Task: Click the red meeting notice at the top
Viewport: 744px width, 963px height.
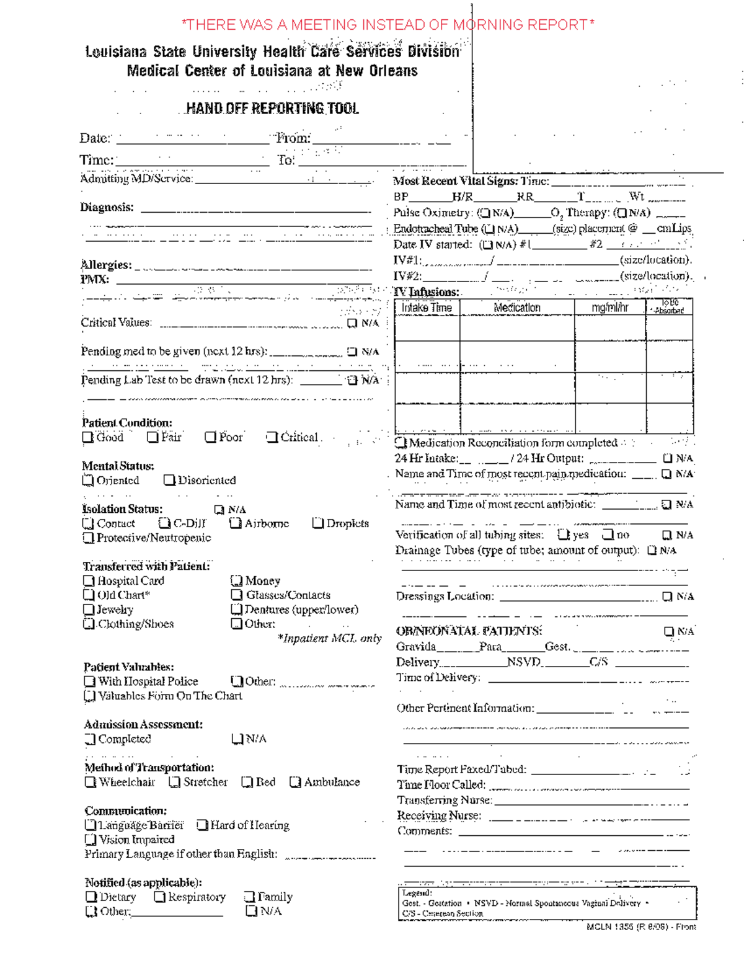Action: (x=387, y=25)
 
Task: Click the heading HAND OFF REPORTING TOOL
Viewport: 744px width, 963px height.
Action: (x=272, y=109)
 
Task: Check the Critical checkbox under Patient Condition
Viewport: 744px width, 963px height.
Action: (x=272, y=438)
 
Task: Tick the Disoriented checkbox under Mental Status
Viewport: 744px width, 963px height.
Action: (x=169, y=481)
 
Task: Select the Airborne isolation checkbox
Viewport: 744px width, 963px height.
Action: (x=235, y=523)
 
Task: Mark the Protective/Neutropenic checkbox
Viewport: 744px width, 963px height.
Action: (x=88, y=538)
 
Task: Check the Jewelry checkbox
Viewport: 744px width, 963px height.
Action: (x=89, y=610)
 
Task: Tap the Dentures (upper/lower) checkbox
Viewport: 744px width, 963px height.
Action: (x=236, y=610)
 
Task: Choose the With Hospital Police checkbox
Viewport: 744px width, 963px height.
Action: (x=90, y=681)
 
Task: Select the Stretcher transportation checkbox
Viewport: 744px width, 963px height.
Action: (x=175, y=783)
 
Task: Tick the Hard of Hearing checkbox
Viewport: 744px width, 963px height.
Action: (x=202, y=825)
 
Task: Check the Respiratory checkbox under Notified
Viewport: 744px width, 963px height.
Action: (x=159, y=897)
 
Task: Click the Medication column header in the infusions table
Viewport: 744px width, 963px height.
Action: (x=516, y=308)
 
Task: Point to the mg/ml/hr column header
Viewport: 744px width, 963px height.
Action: (x=609, y=308)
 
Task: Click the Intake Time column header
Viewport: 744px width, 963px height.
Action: (x=427, y=308)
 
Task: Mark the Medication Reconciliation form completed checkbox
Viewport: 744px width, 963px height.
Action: (x=401, y=443)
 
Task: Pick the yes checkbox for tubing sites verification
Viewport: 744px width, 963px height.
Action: (x=563, y=535)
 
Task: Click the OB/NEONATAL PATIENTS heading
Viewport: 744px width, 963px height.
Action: (x=469, y=631)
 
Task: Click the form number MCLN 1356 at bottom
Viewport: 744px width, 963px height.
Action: (x=640, y=927)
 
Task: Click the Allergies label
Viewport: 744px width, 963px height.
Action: (x=106, y=265)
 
